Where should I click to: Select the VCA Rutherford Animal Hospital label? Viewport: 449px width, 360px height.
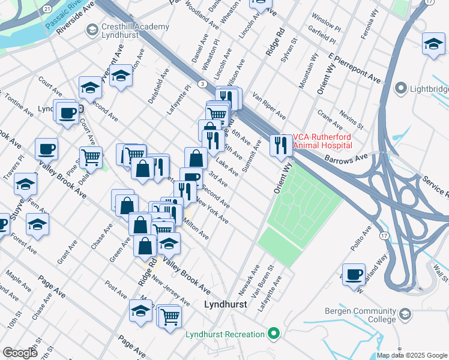tap(322, 140)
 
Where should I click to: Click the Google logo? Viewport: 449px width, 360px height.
tap(20, 353)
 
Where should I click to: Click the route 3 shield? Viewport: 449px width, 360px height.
tap(203, 83)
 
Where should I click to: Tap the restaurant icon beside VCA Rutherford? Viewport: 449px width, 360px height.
tap(280, 145)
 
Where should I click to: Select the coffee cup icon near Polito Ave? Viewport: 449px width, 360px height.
tap(354, 274)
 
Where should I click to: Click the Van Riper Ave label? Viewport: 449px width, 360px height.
tap(269, 106)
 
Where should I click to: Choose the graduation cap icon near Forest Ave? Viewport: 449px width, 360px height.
tap(37, 225)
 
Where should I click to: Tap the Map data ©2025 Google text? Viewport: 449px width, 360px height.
tap(412, 355)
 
